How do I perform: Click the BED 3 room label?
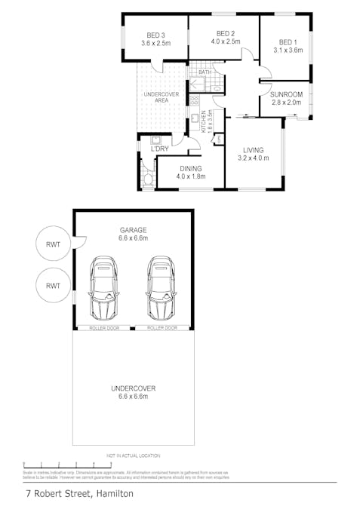(x=155, y=35)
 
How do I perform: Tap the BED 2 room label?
(x=226, y=33)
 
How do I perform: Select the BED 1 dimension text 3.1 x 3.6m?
(x=288, y=51)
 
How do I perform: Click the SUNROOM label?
(x=286, y=94)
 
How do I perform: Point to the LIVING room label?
(x=253, y=150)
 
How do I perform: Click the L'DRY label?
(x=159, y=149)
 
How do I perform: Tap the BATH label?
(x=205, y=72)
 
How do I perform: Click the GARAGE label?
(x=132, y=229)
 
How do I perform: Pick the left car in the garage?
(x=104, y=289)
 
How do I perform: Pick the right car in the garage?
(x=161, y=289)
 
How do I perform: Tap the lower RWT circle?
(x=53, y=286)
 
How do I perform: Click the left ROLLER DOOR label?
(x=103, y=329)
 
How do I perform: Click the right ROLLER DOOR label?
(x=162, y=329)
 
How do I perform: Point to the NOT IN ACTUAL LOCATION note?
(x=133, y=456)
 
